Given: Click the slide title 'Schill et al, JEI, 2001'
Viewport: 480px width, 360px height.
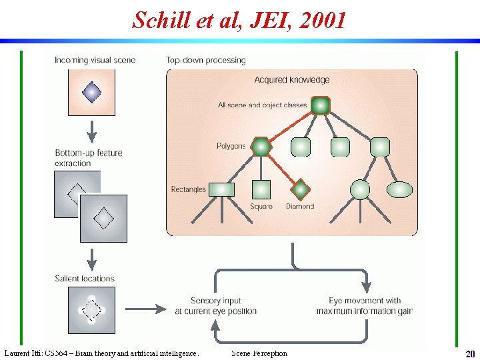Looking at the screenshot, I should (239, 20).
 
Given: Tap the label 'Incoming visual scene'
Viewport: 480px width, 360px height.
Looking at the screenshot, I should (95, 60).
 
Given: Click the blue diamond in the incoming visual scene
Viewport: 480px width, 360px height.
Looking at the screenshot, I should (91, 91).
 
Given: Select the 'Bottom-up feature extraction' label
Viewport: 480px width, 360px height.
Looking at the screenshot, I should (89, 158).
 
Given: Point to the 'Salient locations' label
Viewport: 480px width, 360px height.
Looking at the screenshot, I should (85, 279).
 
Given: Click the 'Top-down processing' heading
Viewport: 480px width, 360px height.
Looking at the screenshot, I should (206, 60).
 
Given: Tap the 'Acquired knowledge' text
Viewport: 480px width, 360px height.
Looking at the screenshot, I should (291, 80).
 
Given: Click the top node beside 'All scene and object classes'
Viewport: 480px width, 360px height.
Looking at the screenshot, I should (321, 105).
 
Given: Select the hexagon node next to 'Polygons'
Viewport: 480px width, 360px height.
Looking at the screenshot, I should (261, 146).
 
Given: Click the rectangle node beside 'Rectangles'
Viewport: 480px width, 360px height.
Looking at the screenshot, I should (221, 189).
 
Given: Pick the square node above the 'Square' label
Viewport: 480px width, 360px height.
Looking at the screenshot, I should (261, 190).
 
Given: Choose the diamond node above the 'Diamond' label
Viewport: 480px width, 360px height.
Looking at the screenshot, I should (300, 190).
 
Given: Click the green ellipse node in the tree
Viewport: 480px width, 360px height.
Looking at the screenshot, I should (400, 190).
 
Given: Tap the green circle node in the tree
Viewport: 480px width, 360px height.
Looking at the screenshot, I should (360, 190).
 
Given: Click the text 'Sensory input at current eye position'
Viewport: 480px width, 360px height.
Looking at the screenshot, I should (215, 306).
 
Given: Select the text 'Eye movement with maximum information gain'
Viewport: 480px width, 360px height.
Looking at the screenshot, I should (365, 306).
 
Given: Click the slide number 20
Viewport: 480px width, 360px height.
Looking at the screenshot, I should (470, 353).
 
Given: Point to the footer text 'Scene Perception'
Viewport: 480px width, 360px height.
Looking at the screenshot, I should (259, 353).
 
